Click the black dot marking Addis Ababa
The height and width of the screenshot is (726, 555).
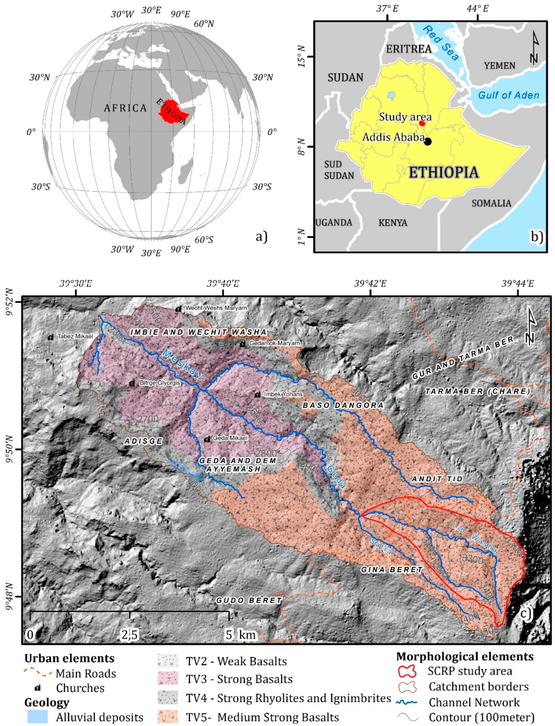tap(428, 141)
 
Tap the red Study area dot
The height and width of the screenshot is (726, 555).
tap(422, 123)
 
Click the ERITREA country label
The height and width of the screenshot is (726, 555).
tap(409, 49)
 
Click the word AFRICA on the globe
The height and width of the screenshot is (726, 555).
tap(125, 108)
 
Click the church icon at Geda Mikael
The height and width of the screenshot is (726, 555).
tap(207, 439)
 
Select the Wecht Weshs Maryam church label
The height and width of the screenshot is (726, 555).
tap(216, 308)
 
